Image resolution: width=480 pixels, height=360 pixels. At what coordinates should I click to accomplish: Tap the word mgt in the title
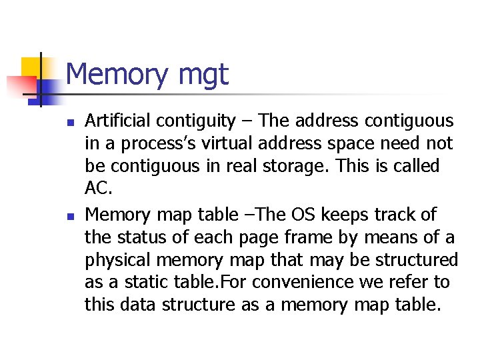(203, 75)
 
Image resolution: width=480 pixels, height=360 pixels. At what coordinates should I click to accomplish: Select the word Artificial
(118, 121)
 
